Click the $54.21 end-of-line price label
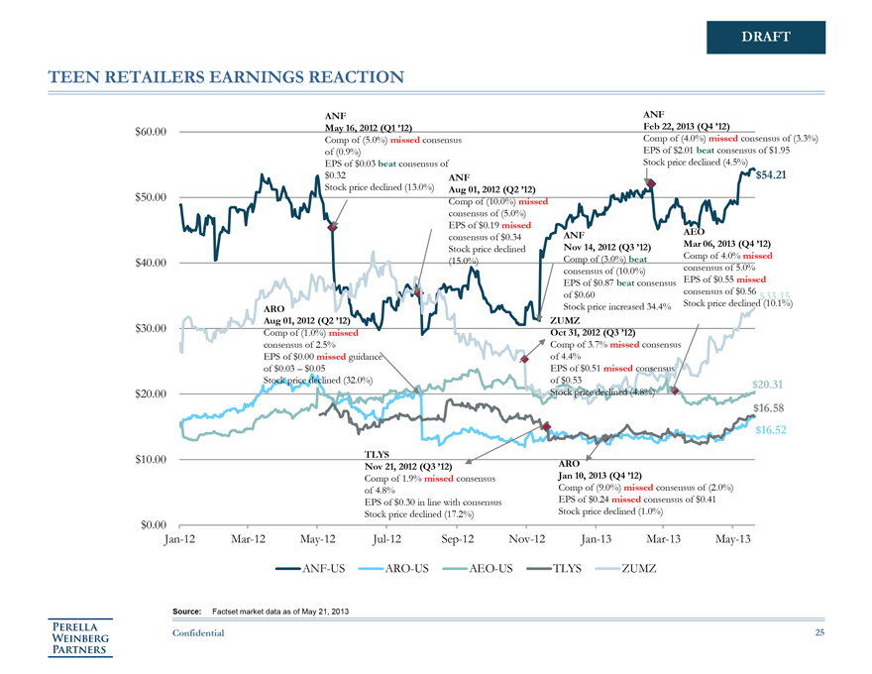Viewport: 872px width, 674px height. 770,176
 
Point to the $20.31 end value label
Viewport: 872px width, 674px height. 768,385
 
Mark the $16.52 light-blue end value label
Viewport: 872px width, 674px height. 770,430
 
